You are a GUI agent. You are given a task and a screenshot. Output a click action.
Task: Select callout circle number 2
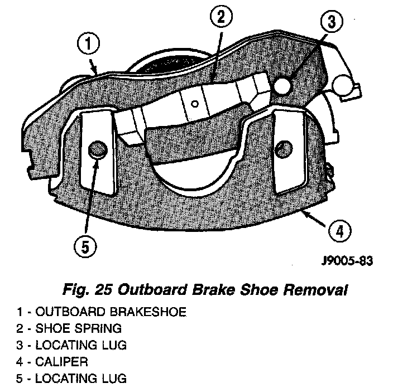tap(222, 17)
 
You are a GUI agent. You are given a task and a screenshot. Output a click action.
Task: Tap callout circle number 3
tap(331, 22)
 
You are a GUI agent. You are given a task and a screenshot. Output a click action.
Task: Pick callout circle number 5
tap(85, 246)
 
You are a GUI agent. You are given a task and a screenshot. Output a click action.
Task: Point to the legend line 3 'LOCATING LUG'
tap(78, 345)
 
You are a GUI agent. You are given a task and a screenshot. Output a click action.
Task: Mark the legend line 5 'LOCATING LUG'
tap(78, 379)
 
